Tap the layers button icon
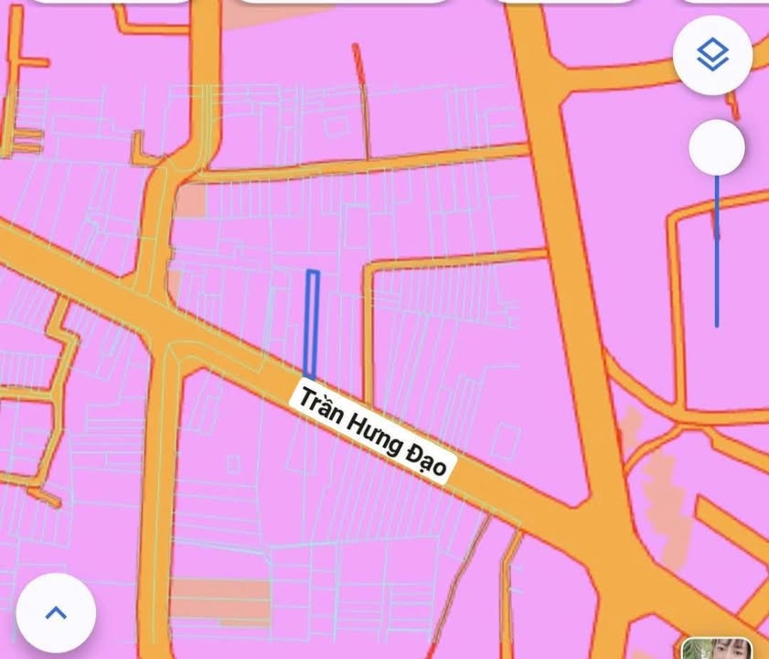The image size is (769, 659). (x=712, y=56)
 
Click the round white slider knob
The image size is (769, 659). (x=716, y=147)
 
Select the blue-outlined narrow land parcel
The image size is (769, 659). (x=311, y=324)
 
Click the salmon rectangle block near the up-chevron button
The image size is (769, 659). (x=219, y=600)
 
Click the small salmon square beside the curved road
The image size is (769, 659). (x=190, y=201)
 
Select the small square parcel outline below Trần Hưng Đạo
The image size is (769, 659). (x=233, y=464)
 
